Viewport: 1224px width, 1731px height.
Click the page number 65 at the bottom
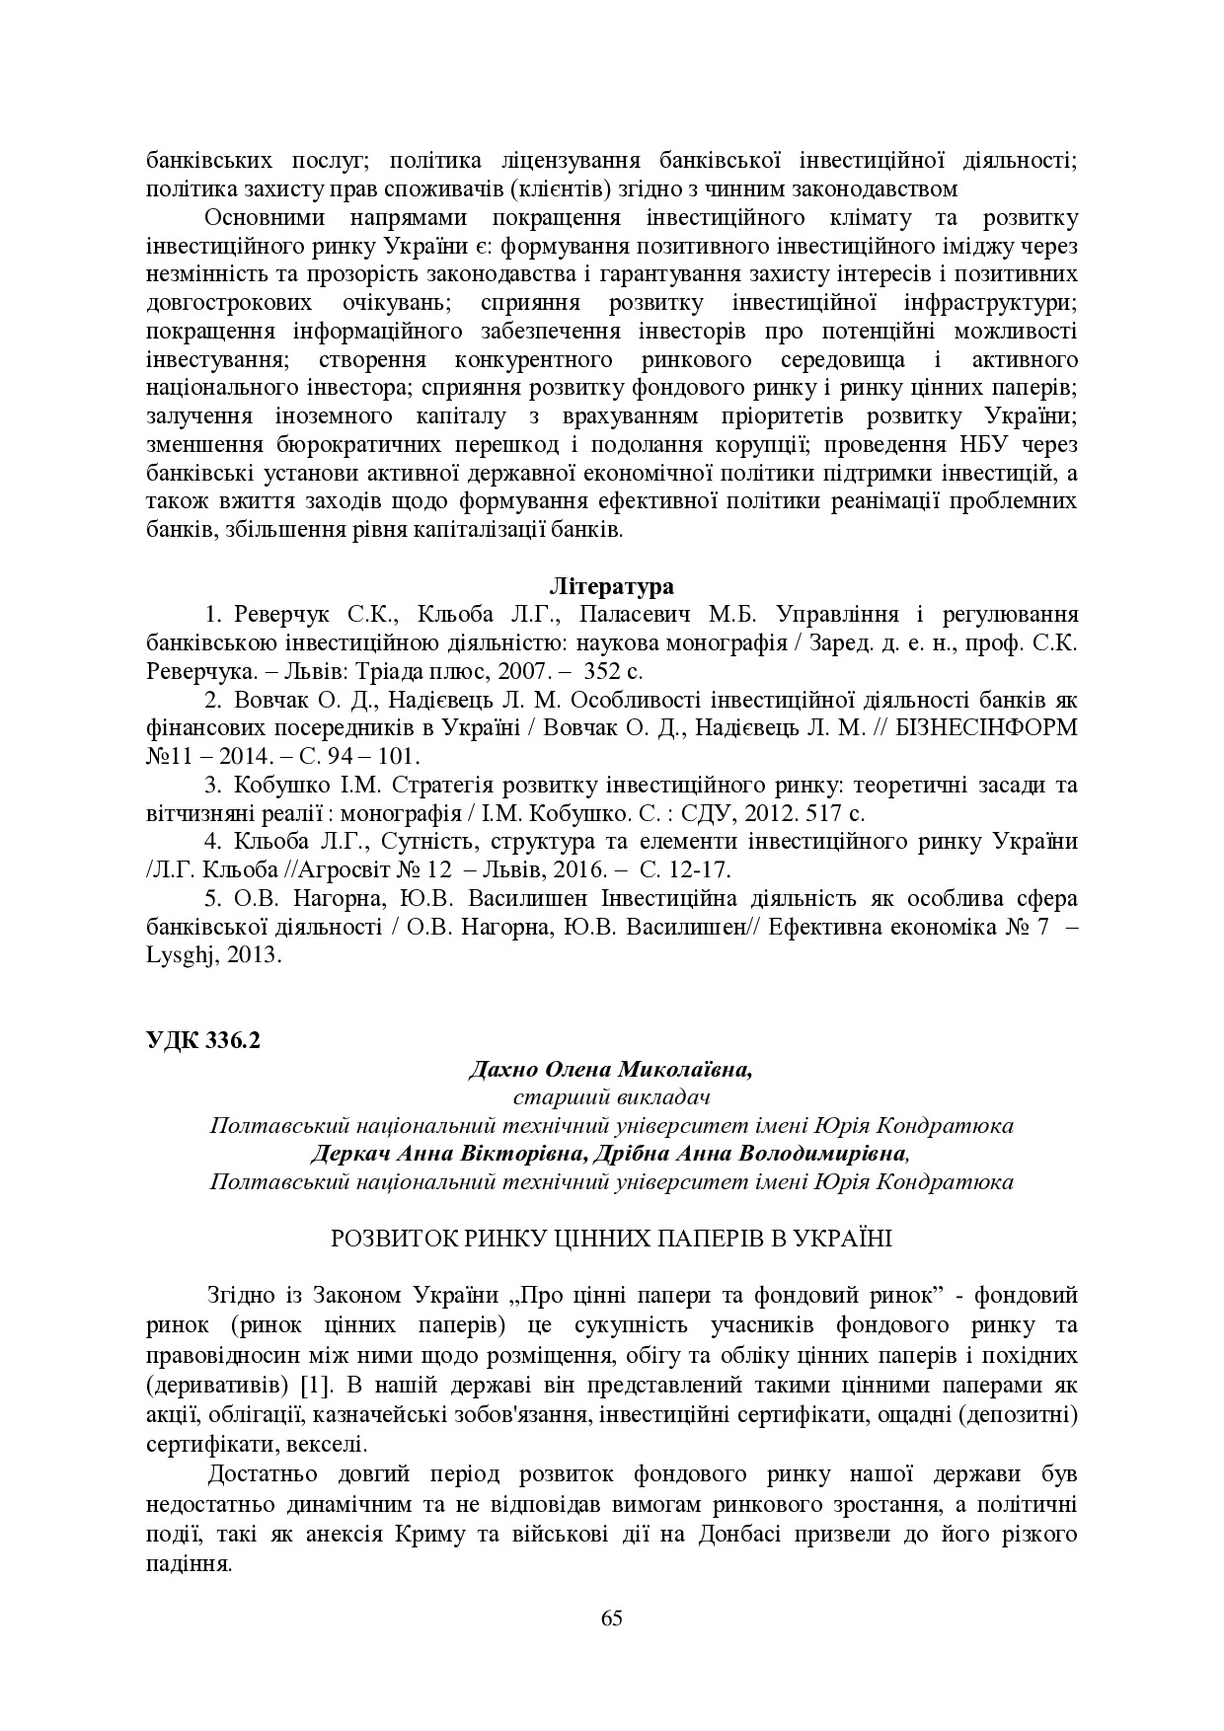click(611, 1618)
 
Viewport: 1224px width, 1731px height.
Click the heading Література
click(611, 587)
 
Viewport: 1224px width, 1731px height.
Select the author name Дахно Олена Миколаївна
click(609, 1070)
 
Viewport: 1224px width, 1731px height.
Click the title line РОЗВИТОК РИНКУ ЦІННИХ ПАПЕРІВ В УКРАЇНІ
click(611, 1238)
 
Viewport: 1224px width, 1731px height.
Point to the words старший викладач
click(611, 1097)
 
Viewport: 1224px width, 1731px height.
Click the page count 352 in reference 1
click(605, 672)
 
